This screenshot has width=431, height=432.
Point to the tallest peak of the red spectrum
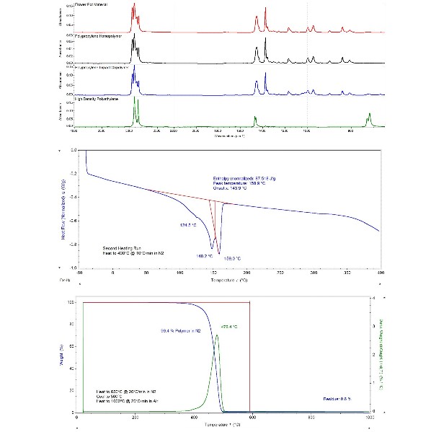coord(134,6)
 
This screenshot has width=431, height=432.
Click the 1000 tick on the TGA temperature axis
coord(370,417)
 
